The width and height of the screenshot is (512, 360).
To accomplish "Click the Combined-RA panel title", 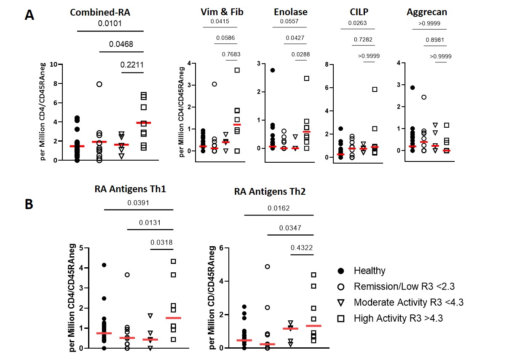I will (100, 13).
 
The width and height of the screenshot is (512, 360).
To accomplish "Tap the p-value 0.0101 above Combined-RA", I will (111, 23).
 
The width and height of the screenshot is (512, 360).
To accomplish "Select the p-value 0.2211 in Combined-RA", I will (132, 64).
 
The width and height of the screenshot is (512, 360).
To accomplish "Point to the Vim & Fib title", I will (222, 12).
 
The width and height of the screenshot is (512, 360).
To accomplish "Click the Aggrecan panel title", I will (426, 12).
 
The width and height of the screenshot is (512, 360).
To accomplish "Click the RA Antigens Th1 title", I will (131, 189).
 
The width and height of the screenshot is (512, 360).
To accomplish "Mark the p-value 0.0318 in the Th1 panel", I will (161, 242).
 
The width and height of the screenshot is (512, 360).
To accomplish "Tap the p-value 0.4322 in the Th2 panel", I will (302, 247).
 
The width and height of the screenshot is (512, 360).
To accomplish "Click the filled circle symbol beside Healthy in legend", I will (342, 271).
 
